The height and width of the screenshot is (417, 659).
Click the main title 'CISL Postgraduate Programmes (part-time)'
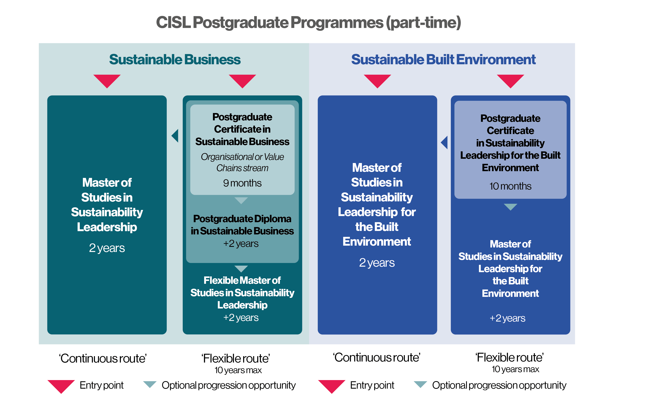308,23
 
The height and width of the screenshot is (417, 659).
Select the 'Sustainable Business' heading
175,59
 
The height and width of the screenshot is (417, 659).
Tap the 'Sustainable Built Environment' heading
443,59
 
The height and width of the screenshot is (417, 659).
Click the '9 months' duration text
242,183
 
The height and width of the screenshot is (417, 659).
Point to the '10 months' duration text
510,186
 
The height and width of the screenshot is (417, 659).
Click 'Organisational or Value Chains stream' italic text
242,162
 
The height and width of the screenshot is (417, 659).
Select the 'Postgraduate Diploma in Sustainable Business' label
242,225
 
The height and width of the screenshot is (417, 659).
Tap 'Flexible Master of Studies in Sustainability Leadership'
242,293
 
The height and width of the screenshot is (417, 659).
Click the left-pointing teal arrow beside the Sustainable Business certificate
175,136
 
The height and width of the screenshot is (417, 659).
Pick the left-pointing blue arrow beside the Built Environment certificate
444,142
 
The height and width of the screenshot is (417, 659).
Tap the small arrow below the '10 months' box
510,207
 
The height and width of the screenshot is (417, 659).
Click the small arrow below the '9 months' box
241,200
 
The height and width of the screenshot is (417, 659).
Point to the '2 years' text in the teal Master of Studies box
107,248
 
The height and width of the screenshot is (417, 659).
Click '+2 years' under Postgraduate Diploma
241,243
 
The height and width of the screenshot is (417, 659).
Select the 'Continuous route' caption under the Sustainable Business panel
103,358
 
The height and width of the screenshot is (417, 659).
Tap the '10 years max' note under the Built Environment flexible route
515,369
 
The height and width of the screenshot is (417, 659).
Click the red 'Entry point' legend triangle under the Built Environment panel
332,386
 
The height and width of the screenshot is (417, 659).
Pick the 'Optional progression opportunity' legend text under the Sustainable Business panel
228,386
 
